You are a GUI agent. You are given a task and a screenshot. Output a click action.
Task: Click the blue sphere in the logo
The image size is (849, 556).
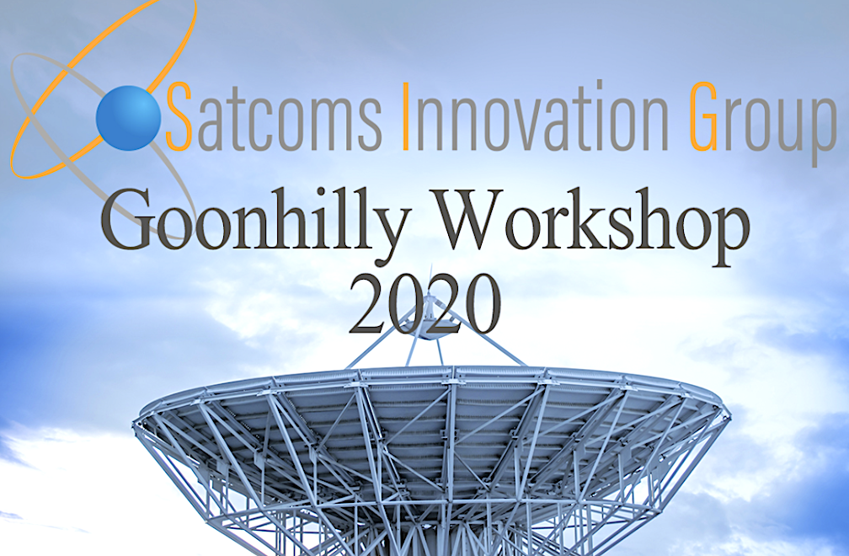coord(128,117)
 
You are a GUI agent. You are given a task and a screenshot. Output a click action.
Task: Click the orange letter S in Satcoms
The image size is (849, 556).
coord(179,116)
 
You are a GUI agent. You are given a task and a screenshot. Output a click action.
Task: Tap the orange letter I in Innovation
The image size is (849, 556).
coord(405,116)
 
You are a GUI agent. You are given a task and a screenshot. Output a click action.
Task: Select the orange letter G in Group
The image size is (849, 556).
coord(704,116)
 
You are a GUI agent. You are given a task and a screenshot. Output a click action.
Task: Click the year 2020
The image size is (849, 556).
coord(424,305)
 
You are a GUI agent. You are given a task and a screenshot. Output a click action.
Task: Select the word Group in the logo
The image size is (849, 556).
coord(763,122)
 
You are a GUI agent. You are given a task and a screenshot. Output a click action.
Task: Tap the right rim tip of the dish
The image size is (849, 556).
coord(724,409)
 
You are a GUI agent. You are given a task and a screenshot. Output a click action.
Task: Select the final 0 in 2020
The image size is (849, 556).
coord(482,305)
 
